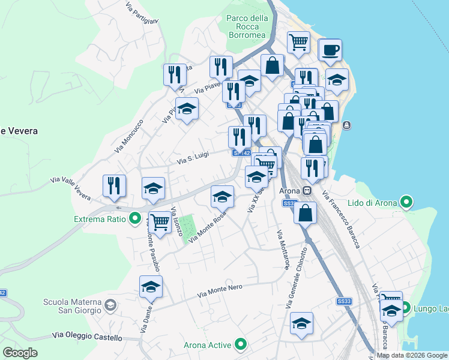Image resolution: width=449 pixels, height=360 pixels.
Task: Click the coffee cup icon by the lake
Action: coord(330,50)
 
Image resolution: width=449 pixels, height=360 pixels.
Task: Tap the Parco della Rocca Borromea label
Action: coord(247,26)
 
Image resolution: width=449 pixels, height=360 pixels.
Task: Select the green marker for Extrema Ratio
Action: coord(135,219)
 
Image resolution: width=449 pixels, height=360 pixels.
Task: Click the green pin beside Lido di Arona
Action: coord(406,202)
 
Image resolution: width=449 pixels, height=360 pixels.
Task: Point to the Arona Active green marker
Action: coord(241,344)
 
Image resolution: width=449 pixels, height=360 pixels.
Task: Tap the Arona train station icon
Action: coord(307,191)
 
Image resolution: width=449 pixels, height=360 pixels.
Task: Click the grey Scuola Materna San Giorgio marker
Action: coord(110,306)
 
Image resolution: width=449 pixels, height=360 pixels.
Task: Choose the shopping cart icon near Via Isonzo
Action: coord(159,221)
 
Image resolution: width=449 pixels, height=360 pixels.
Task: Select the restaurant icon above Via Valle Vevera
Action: coord(114,185)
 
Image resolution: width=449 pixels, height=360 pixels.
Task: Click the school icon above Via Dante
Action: coord(151,286)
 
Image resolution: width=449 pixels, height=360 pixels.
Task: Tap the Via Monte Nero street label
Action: coord(220,292)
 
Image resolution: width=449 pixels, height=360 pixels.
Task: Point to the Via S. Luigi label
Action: coord(193,157)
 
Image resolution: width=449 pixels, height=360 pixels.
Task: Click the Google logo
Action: coord(20,352)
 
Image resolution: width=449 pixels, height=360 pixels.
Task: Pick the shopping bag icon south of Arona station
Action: coord(306,212)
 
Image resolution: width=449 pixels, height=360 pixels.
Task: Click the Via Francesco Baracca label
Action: coord(341,219)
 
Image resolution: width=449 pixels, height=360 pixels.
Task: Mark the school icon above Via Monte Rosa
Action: coord(222,196)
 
